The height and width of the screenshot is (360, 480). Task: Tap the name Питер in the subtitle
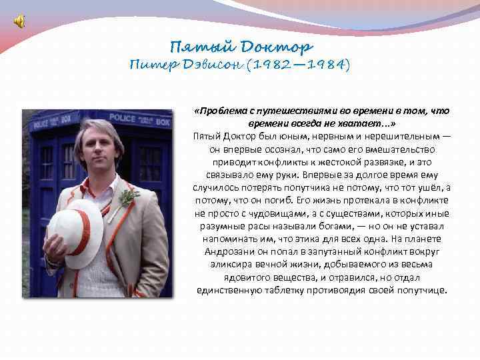point(151,65)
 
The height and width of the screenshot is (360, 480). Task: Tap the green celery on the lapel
point(127,196)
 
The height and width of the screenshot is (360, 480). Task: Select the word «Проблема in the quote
point(219,111)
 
